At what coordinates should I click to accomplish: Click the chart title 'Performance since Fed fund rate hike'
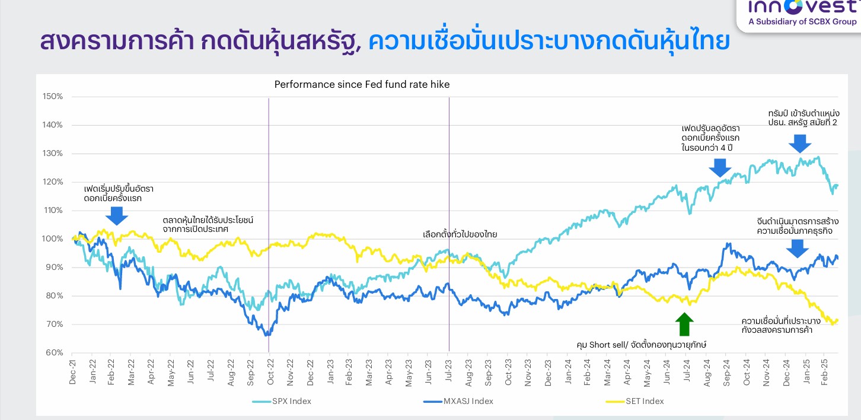coord(362,85)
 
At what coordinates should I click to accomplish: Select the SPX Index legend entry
coord(282,401)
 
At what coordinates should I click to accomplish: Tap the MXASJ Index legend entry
coord(458,401)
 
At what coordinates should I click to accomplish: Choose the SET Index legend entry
coord(635,401)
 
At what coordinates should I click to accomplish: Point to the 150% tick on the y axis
coord(53,97)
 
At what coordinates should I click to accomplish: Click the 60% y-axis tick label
coord(55,353)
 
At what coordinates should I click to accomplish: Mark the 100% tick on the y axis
coord(53,239)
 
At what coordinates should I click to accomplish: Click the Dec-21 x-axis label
coord(73,372)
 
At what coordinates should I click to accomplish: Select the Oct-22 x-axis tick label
coord(270,372)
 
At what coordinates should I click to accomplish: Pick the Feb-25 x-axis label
coord(824,372)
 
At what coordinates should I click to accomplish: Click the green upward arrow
coord(684,324)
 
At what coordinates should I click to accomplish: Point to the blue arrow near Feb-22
coord(117,216)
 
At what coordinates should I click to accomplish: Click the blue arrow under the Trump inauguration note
coord(800,144)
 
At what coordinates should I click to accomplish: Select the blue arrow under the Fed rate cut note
coord(720,168)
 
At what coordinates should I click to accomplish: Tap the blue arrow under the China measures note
coord(797,249)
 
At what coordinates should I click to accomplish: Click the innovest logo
coord(802,7)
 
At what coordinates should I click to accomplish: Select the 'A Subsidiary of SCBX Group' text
coord(802,21)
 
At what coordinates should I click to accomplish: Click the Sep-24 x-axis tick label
coord(726,372)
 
